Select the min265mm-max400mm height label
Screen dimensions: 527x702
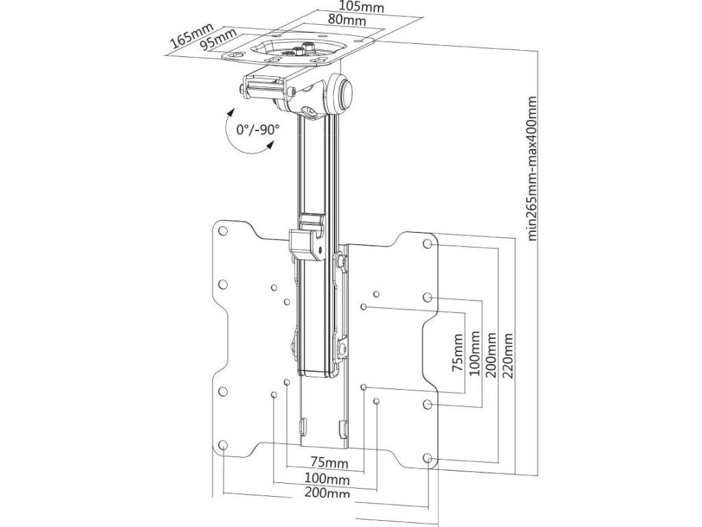pyautogui.click(x=532, y=168)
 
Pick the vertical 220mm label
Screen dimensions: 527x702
pyautogui.click(x=507, y=352)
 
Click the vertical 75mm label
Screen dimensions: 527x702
pyautogui.click(x=458, y=352)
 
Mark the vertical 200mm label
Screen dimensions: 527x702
pyautogui.click(x=491, y=352)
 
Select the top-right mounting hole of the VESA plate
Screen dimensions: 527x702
pyautogui.click(x=428, y=244)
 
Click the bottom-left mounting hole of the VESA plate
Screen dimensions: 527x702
pyautogui.click(x=223, y=446)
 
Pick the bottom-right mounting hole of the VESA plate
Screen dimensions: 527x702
pyautogui.click(x=428, y=458)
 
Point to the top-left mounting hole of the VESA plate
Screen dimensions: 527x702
pyautogui.click(x=223, y=233)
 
